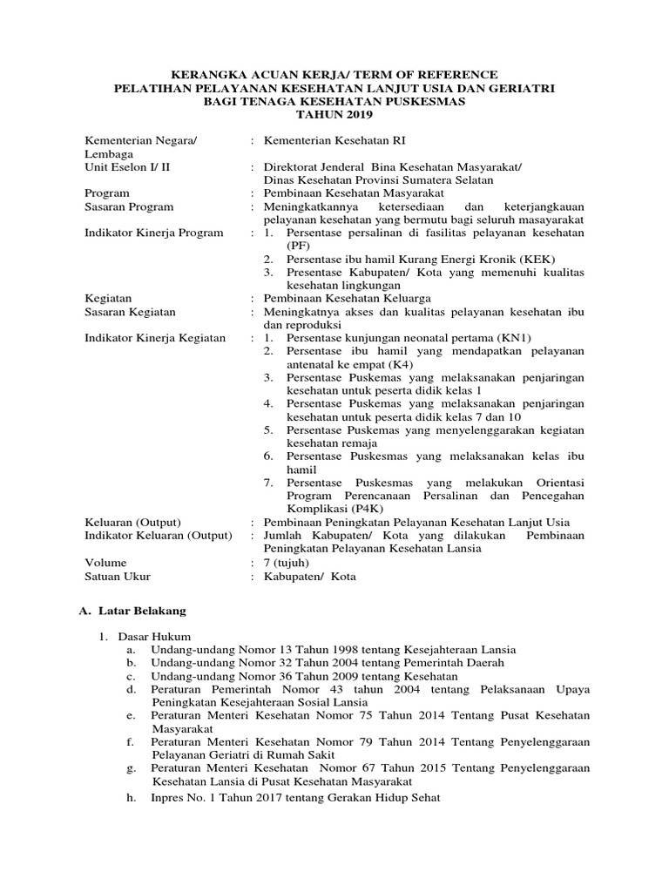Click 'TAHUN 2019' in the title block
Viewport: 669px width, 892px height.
(x=334, y=114)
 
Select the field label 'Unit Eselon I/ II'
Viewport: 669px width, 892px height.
(x=127, y=166)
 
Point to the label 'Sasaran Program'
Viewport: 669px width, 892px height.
(x=129, y=206)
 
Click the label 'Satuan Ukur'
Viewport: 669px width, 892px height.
(x=118, y=576)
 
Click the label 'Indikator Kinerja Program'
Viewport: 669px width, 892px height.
(x=154, y=233)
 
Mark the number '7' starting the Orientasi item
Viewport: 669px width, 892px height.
(x=270, y=482)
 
